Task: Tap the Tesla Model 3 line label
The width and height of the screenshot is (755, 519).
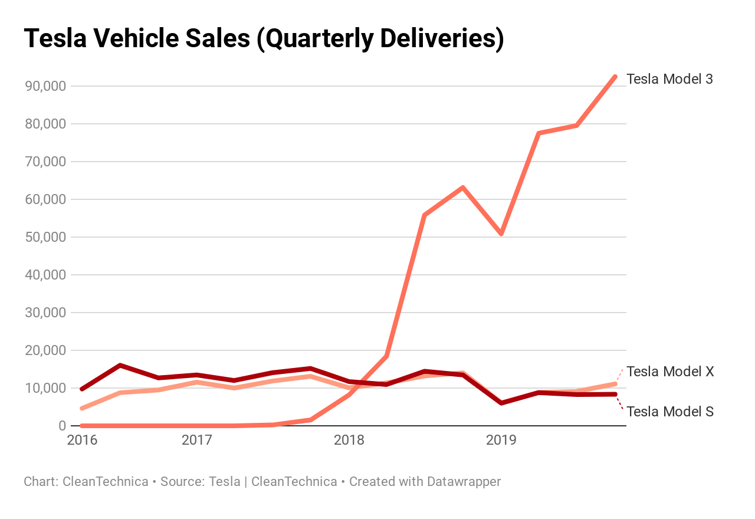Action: click(669, 79)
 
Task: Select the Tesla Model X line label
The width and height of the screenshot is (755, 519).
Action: click(670, 372)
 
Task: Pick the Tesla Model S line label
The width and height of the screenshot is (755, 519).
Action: click(670, 412)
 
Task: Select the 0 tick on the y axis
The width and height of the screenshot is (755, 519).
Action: click(61, 426)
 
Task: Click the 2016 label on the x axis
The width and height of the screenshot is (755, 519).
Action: click(82, 440)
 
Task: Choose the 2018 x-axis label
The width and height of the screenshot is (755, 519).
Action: click(349, 440)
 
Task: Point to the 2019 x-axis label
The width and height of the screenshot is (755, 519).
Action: click(501, 440)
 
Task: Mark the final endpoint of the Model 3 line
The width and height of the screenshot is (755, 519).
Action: click(615, 77)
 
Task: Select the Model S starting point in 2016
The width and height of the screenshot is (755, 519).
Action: click(82, 389)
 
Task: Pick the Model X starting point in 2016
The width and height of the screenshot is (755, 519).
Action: click(82, 408)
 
